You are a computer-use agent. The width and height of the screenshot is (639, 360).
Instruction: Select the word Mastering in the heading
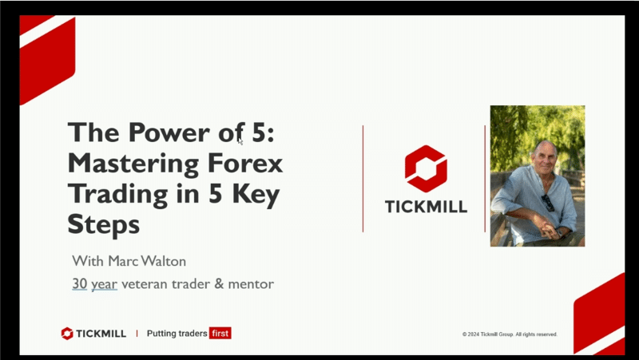coord(120,165)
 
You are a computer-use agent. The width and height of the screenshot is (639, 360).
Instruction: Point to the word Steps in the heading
coord(104,225)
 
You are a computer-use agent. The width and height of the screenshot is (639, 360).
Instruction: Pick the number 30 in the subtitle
coord(79,283)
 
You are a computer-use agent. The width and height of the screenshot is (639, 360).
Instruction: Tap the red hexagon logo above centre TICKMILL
coord(426,168)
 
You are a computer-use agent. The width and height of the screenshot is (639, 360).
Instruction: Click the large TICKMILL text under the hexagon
coord(426,206)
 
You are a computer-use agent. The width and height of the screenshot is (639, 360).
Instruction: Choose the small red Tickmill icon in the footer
coord(67,334)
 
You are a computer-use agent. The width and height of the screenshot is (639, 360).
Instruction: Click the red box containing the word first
coord(220,333)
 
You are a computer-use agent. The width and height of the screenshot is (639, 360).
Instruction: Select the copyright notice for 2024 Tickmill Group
coord(510,334)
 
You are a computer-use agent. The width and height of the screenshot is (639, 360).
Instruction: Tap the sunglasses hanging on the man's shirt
coord(548,202)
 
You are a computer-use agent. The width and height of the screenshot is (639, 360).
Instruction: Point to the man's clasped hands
coord(553,231)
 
